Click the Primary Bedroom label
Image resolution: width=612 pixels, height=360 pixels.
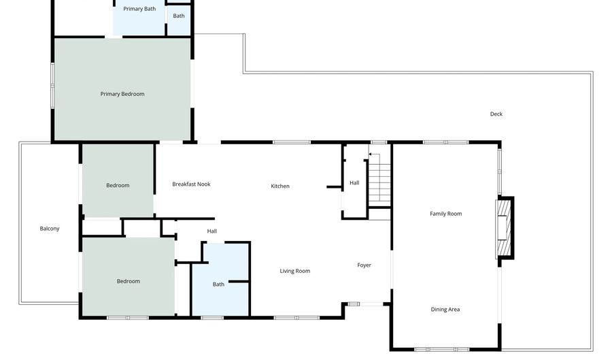coord(122,94)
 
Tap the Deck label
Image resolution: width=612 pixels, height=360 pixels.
coord(496,114)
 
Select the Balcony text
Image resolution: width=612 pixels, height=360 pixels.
coord(50,229)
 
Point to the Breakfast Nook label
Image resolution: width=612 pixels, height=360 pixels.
coord(191,184)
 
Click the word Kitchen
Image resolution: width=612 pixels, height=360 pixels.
coord(280,186)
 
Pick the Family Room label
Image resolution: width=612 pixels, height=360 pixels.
coord(445,214)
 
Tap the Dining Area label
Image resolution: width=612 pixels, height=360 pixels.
coord(445,310)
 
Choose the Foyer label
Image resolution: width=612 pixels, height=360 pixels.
coord(364,265)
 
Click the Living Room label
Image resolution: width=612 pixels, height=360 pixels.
coord(294,271)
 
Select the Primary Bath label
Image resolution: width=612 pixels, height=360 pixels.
coord(139,9)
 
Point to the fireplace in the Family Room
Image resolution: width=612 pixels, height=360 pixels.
coord(505,228)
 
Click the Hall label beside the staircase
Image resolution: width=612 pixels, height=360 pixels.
coord(354,183)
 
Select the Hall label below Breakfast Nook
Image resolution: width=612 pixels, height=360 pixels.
coord(212,231)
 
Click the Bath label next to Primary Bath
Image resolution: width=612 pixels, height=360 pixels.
coord(179,16)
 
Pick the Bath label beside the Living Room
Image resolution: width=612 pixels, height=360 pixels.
coord(218,284)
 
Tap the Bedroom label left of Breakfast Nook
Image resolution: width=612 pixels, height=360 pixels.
coord(118,186)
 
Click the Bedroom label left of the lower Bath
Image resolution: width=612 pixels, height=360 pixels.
coord(129,281)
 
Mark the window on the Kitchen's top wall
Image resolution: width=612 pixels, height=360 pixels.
coord(292,142)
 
